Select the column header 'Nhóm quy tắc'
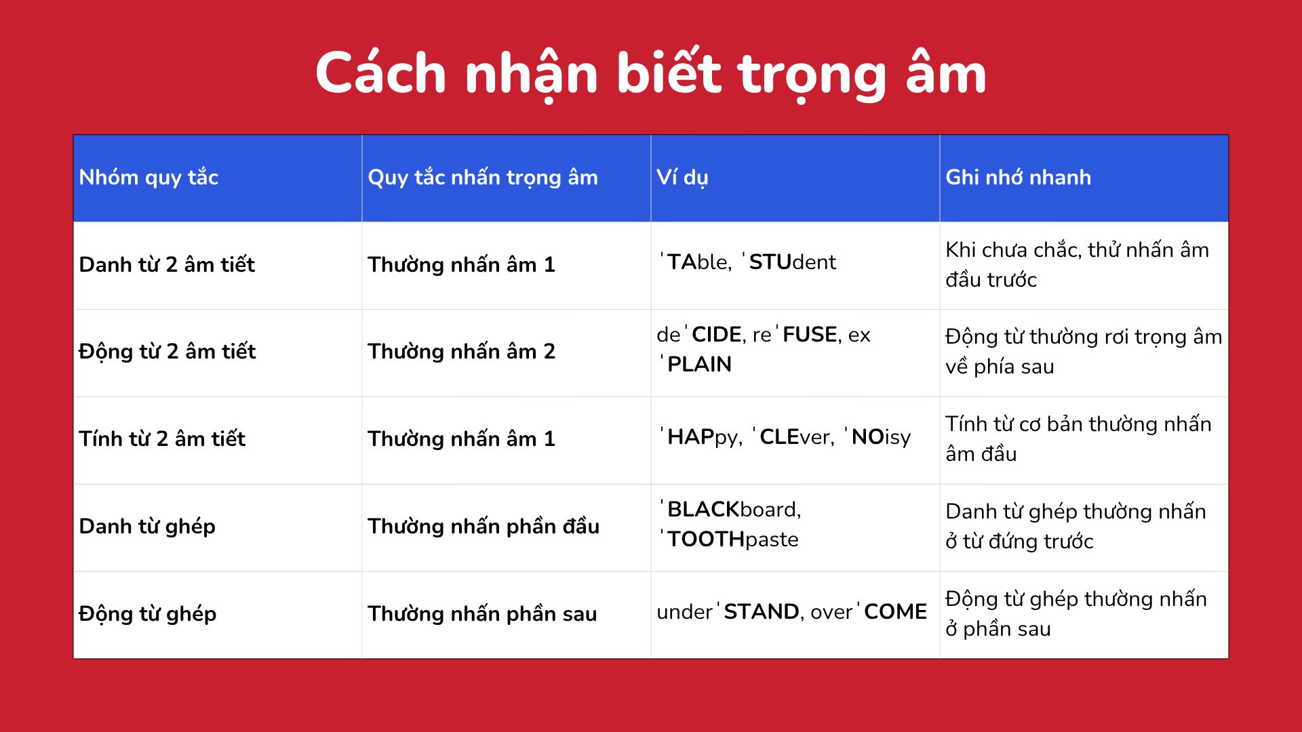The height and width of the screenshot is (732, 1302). coord(149,178)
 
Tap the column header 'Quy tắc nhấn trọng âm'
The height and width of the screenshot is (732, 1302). coord(483,178)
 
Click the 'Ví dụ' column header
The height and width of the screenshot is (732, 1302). coord(682,178)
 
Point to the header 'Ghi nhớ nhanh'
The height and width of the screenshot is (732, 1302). coord(1019,177)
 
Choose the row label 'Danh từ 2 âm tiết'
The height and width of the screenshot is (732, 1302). coord(167,264)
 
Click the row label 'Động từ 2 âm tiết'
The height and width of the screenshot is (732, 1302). coord(167,351)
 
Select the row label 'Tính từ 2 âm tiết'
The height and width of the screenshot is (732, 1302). coord(162,439)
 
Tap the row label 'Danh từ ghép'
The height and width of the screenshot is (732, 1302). coord(147,526)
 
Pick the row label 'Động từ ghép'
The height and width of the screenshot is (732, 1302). coord(148,613)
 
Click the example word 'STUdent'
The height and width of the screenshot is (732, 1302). coord(789,262)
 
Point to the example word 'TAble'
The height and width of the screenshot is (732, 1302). coord(696,262)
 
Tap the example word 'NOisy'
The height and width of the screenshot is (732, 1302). coord(878,437)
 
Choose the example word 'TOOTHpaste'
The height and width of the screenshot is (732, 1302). coord(730,539)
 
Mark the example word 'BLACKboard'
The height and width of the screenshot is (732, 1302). coord(731,509)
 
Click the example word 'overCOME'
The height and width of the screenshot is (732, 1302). coord(869,611)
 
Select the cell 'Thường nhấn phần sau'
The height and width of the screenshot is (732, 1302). coord(482,613)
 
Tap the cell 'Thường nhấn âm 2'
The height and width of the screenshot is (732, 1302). coord(461,351)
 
